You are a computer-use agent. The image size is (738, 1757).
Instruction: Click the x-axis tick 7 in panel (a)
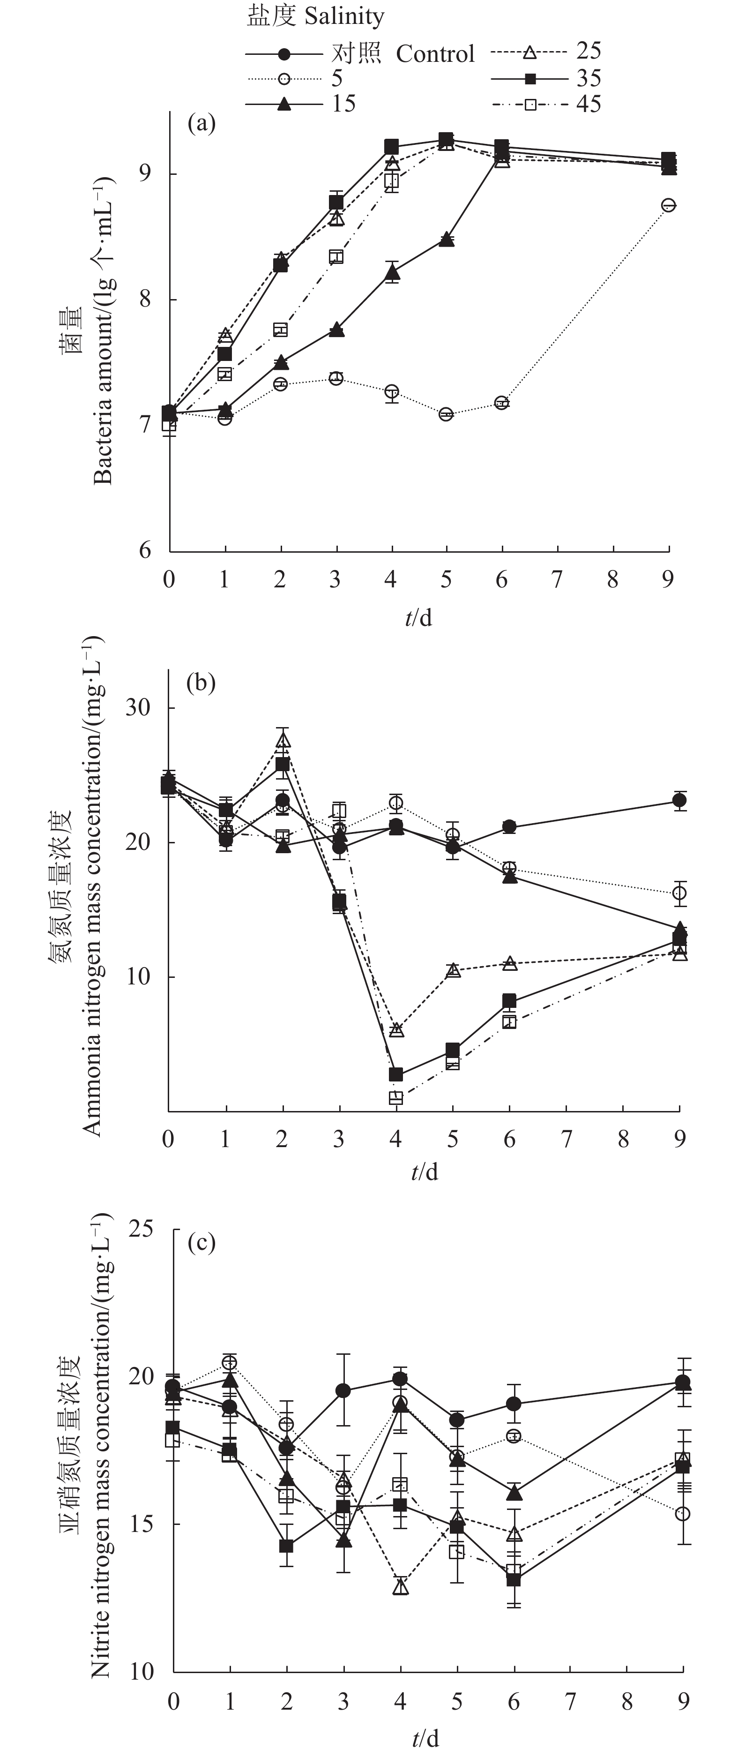[557, 580]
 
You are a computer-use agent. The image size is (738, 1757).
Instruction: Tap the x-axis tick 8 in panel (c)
[627, 1701]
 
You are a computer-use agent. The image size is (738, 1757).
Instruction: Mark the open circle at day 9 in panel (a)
[669, 204]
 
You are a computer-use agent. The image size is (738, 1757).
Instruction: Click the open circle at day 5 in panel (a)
[446, 414]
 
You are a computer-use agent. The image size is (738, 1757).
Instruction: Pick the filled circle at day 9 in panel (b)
[679, 800]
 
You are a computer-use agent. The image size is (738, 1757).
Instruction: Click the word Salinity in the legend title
[344, 17]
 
